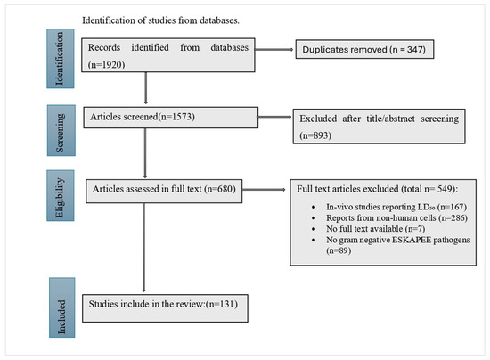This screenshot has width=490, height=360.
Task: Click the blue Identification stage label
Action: point(61,59)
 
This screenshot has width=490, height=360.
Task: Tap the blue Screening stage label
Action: point(61,130)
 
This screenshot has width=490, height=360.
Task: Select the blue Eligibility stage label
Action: point(61,196)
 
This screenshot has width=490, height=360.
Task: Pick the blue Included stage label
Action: point(61,307)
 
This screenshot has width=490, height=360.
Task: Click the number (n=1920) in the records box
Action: point(107,64)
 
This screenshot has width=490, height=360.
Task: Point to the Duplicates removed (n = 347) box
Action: point(364,49)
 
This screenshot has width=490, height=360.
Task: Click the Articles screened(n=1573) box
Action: point(171,118)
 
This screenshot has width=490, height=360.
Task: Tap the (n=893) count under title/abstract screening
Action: point(315,135)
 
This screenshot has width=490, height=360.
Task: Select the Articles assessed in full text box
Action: point(164,191)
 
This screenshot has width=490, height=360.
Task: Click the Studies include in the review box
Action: point(165,308)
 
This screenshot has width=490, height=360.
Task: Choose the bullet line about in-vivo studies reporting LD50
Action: point(396,207)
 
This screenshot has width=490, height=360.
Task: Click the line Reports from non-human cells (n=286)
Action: point(396,217)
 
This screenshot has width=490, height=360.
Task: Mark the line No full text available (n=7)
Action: point(376,229)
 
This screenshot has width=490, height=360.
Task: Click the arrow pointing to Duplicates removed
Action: point(274,49)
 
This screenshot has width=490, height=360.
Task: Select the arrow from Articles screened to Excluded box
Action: point(274,117)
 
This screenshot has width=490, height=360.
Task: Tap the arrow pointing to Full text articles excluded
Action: point(264,190)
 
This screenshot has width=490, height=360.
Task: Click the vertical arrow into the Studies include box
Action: point(143,248)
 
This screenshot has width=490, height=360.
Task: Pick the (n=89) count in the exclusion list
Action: point(339,250)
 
